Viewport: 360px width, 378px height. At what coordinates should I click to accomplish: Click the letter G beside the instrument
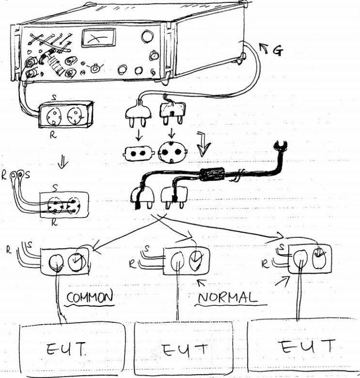coord(278,50)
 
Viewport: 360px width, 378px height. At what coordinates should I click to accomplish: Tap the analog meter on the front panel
coord(98,38)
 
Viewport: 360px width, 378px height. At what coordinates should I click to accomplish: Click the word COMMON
coord(90,297)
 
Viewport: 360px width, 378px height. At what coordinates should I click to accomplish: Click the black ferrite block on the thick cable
coord(212,174)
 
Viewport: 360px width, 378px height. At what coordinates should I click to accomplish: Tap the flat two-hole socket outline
coord(138,153)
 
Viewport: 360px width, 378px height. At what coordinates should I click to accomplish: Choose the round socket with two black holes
coord(172,152)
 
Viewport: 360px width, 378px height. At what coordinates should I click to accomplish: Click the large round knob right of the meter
coord(147,36)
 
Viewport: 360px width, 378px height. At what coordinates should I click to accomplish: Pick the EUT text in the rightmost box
coord(308,346)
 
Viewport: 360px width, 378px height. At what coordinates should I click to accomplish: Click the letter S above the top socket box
coord(54,97)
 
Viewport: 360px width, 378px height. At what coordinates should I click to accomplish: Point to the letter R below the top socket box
coord(53,135)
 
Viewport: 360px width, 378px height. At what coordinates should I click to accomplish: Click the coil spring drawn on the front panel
coord(55,64)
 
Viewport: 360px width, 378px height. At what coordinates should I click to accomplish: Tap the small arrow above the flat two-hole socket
coord(139,135)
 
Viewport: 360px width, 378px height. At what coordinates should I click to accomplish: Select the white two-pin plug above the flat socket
coord(138,113)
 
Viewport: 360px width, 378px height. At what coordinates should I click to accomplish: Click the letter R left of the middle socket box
coord(132,264)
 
